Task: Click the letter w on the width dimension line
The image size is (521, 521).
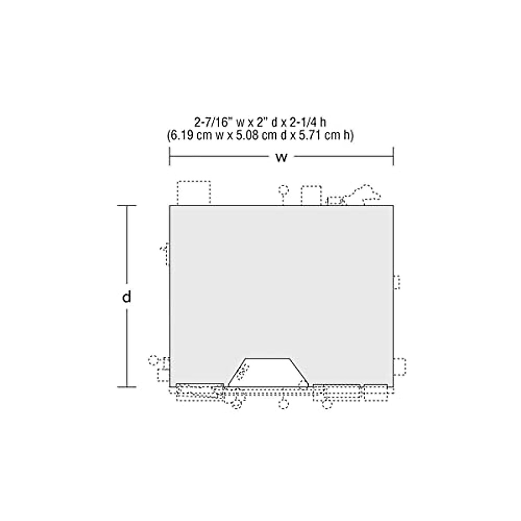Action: pos(281,157)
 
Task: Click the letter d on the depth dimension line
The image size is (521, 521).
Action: pos(126,297)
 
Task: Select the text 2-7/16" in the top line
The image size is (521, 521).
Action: pos(214,122)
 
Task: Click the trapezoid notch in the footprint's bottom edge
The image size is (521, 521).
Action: pos(268,372)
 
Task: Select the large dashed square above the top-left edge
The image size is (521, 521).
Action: pos(194,193)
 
